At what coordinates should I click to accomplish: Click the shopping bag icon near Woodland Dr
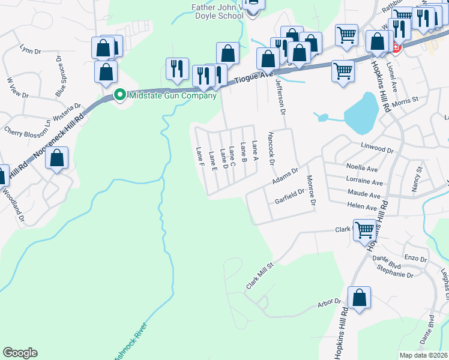(x=57, y=160)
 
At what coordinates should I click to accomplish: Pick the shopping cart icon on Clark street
(x=365, y=230)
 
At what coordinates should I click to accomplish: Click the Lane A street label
(x=255, y=151)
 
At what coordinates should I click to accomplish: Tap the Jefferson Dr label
(x=279, y=97)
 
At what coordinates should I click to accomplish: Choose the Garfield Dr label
(x=290, y=197)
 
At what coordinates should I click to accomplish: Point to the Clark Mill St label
(x=259, y=274)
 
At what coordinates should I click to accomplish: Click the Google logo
(x=20, y=353)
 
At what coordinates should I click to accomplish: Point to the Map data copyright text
(x=424, y=355)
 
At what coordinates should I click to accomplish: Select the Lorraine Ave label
(x=364, y=181)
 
